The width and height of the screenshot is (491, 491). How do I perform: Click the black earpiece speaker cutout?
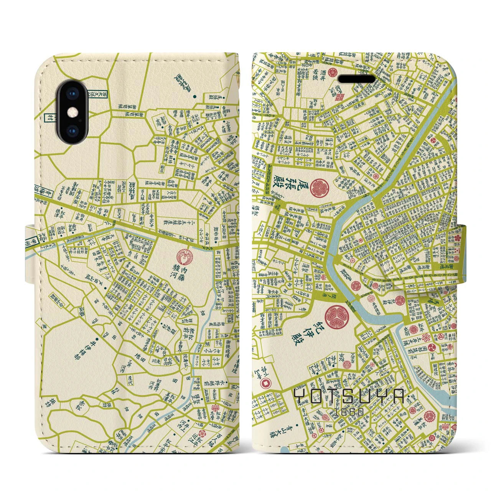click(x=356, y=79)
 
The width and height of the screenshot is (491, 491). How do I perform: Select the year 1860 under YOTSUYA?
click(x=349, y=412)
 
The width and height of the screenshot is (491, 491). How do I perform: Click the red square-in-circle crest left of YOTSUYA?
click(x=264, y=382)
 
